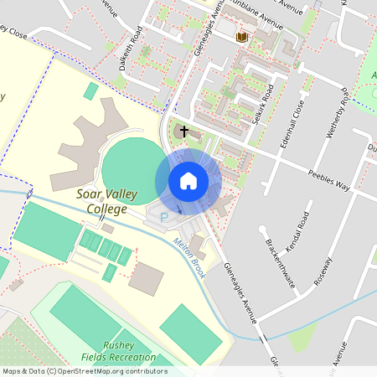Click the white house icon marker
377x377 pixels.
(x=188, y=180)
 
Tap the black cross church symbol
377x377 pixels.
(x=184, y=132)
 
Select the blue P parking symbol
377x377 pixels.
(x=163, y=217)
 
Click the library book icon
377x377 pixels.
(x=242, y=37)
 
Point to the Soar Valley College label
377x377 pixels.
(x=101, y=201)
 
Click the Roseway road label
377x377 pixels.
(x=322, y=273)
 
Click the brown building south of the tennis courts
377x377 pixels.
(x=147, y=277)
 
